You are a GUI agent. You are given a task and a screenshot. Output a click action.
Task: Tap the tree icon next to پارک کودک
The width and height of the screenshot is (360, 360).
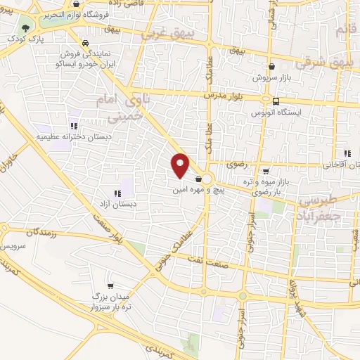tap(26, 29)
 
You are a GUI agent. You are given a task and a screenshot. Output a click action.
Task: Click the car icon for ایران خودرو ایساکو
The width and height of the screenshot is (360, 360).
tap(84, 41)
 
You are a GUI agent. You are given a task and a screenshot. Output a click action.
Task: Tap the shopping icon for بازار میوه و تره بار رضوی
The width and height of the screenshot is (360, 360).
tap(265, 170)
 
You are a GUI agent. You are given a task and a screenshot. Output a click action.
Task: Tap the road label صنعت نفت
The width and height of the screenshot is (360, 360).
tap(209, 259)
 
